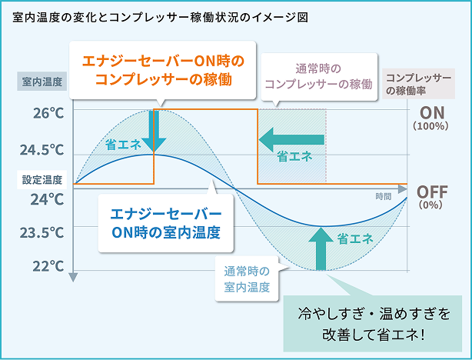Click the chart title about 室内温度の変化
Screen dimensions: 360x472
click(x=161, y=17)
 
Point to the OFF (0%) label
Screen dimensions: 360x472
click(x=431, y=197)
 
